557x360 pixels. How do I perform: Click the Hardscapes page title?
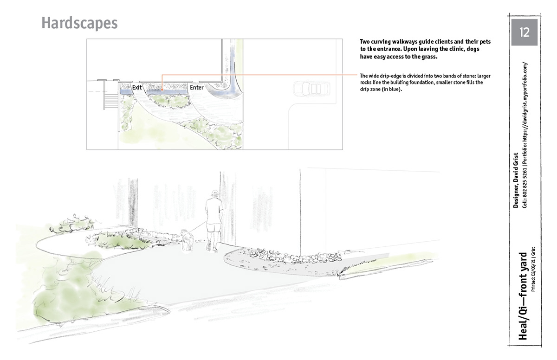79,23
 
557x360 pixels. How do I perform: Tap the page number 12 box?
524,32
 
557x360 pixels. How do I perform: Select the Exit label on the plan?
137,87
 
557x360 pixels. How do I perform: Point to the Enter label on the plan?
197,87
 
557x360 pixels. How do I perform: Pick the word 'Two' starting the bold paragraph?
365,42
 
